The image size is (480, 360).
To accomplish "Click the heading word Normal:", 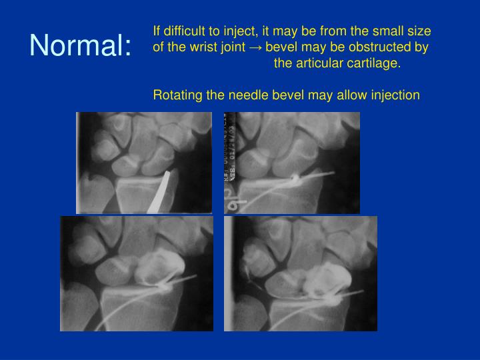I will (81, 45).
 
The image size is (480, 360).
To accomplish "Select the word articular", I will (321, 64).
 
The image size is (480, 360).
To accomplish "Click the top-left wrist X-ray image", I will (143, 163).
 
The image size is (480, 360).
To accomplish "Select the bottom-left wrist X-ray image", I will (137, 273).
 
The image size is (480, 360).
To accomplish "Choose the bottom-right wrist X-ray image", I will (300, 273).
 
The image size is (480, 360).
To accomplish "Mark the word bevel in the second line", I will (280, 47).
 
